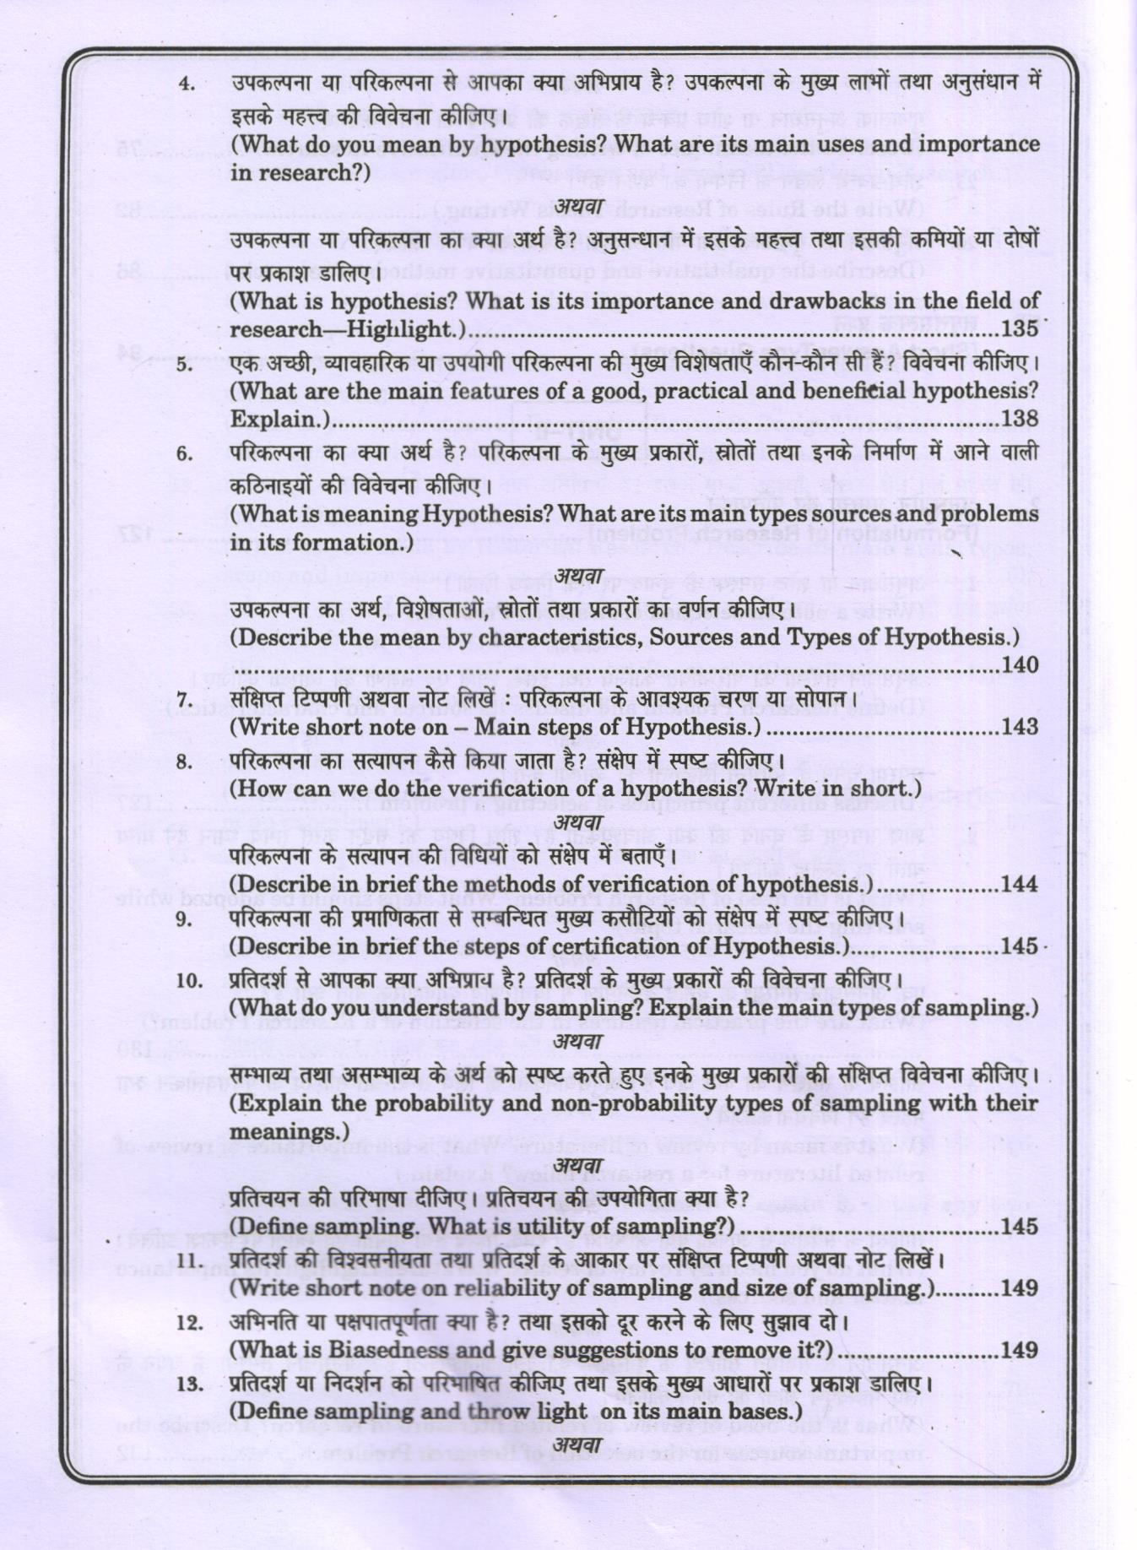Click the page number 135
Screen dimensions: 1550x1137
tap(1019, 328)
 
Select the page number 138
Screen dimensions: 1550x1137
tap(1019, 419)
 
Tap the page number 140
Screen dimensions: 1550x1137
tap(1019, 665)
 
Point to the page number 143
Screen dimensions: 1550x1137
tap(1019, 727)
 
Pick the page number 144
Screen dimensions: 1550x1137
tap(1019, 885)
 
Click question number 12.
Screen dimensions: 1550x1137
tap(189, 1322)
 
